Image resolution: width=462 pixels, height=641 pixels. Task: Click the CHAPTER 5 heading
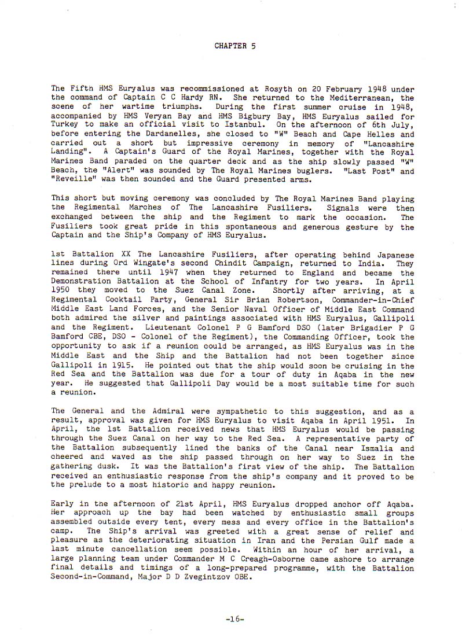[235, 45]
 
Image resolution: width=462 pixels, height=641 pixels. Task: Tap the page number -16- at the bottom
[235, 618]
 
